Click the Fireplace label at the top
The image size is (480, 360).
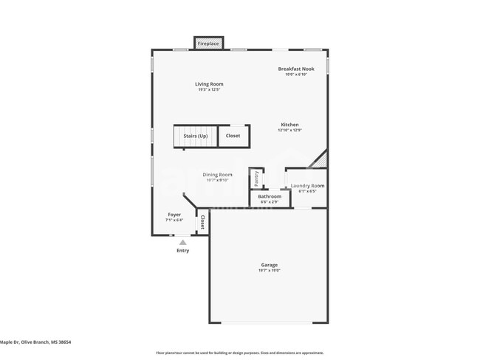pos(208,44)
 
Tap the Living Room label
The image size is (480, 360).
pos(209,84)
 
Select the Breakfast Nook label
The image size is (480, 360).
pos(295,69)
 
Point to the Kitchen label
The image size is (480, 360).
pos(289,125)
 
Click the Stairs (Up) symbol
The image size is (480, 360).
pos(196,136)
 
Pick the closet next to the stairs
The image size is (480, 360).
pos(233,136)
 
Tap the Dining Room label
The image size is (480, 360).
pos(217,175)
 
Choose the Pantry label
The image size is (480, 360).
pos(256,178)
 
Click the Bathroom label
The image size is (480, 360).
pos(269,196)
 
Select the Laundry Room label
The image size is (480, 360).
pos(307,186)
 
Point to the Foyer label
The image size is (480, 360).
pos(174,215)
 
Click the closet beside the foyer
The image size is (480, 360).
pos(202,222)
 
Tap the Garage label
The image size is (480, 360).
pos(269,265)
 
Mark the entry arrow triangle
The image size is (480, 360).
pos(182,242)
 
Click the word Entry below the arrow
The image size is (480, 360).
pos(182,251)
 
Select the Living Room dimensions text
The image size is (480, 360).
pos(209,90)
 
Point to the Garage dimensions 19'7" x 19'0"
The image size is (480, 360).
pos(269,271)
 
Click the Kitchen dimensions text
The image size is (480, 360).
pos(289,131)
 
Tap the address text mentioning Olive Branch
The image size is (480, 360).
pos(35,342)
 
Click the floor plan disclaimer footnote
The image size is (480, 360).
pos(239,353)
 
